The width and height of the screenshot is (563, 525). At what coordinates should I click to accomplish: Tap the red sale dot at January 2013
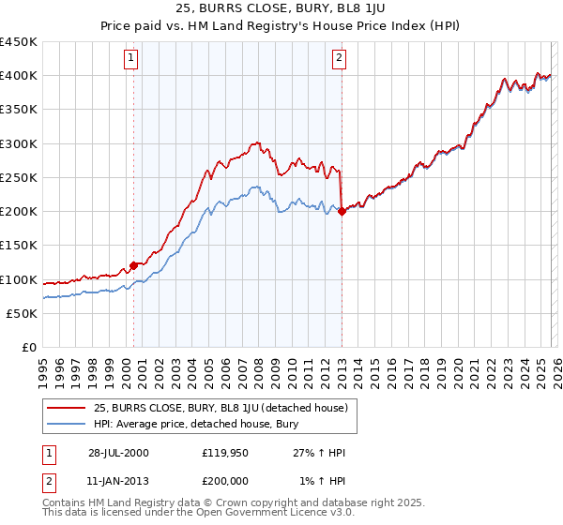tap(341, 211)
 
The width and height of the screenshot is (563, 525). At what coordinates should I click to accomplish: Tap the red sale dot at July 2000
tap(134, 265)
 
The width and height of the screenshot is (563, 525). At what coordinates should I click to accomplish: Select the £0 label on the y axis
tap(30, 348)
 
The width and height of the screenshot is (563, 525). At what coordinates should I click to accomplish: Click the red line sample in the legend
tap(67, 408)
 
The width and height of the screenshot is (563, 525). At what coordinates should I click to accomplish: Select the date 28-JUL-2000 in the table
tap(119, 452)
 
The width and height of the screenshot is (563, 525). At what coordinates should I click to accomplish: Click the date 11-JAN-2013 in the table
tap(119, 483)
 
